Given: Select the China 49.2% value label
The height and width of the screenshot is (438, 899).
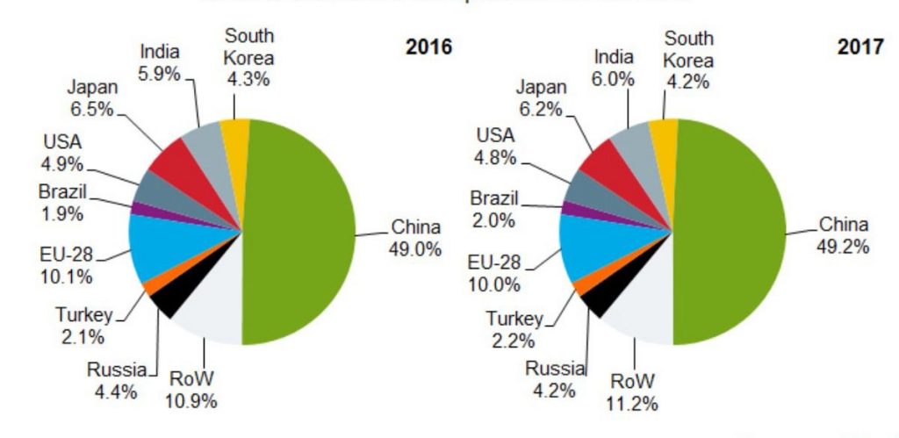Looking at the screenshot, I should click(x=844, y=234).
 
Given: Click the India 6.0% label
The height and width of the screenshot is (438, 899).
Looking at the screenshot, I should click(x=614, y=68).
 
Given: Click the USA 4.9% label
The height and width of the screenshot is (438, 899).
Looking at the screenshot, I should click(x=62, y=152).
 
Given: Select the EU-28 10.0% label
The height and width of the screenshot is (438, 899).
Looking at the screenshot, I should click(x=494, y=273).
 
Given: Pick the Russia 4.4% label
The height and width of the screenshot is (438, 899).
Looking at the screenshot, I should click(x=116, y=380).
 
